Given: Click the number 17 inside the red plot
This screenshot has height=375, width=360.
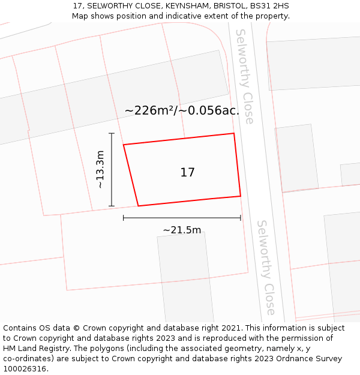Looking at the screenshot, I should (187, 173).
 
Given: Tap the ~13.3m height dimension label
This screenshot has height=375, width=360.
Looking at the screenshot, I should (100, 170).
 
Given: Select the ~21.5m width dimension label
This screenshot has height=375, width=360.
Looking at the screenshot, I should (182, 230).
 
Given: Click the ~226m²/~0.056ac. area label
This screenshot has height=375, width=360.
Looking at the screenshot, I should (182, 111).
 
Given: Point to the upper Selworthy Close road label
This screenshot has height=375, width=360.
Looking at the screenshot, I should (245, 76).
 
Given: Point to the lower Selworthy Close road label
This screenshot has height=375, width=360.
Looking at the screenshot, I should (266, 267).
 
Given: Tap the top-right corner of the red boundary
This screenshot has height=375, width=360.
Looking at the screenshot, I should (233, 134).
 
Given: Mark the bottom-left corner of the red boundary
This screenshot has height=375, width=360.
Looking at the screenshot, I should (139, 206).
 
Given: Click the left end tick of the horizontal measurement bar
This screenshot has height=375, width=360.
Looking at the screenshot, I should (124, 218).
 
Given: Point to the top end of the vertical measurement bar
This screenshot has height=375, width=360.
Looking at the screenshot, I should (112, 134).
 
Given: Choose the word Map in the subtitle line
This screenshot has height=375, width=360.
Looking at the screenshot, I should (80, 16).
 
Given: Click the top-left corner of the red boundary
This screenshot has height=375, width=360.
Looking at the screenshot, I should (124, 145).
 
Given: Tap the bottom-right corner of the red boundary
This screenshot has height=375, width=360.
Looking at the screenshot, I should (241, 196).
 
